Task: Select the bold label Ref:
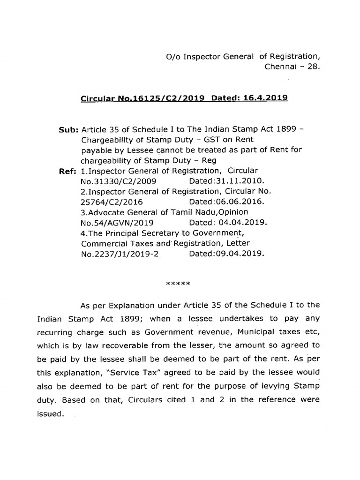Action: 68,171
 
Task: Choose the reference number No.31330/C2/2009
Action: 119,180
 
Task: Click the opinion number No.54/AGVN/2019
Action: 117,223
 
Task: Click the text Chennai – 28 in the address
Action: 292,67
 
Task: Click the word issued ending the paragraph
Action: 49,414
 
